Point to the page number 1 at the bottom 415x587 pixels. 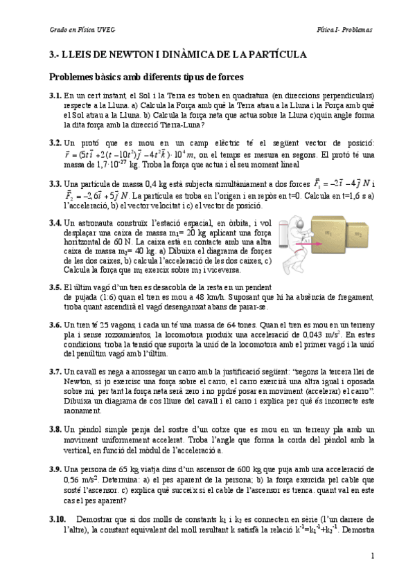(x=372, y=556)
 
